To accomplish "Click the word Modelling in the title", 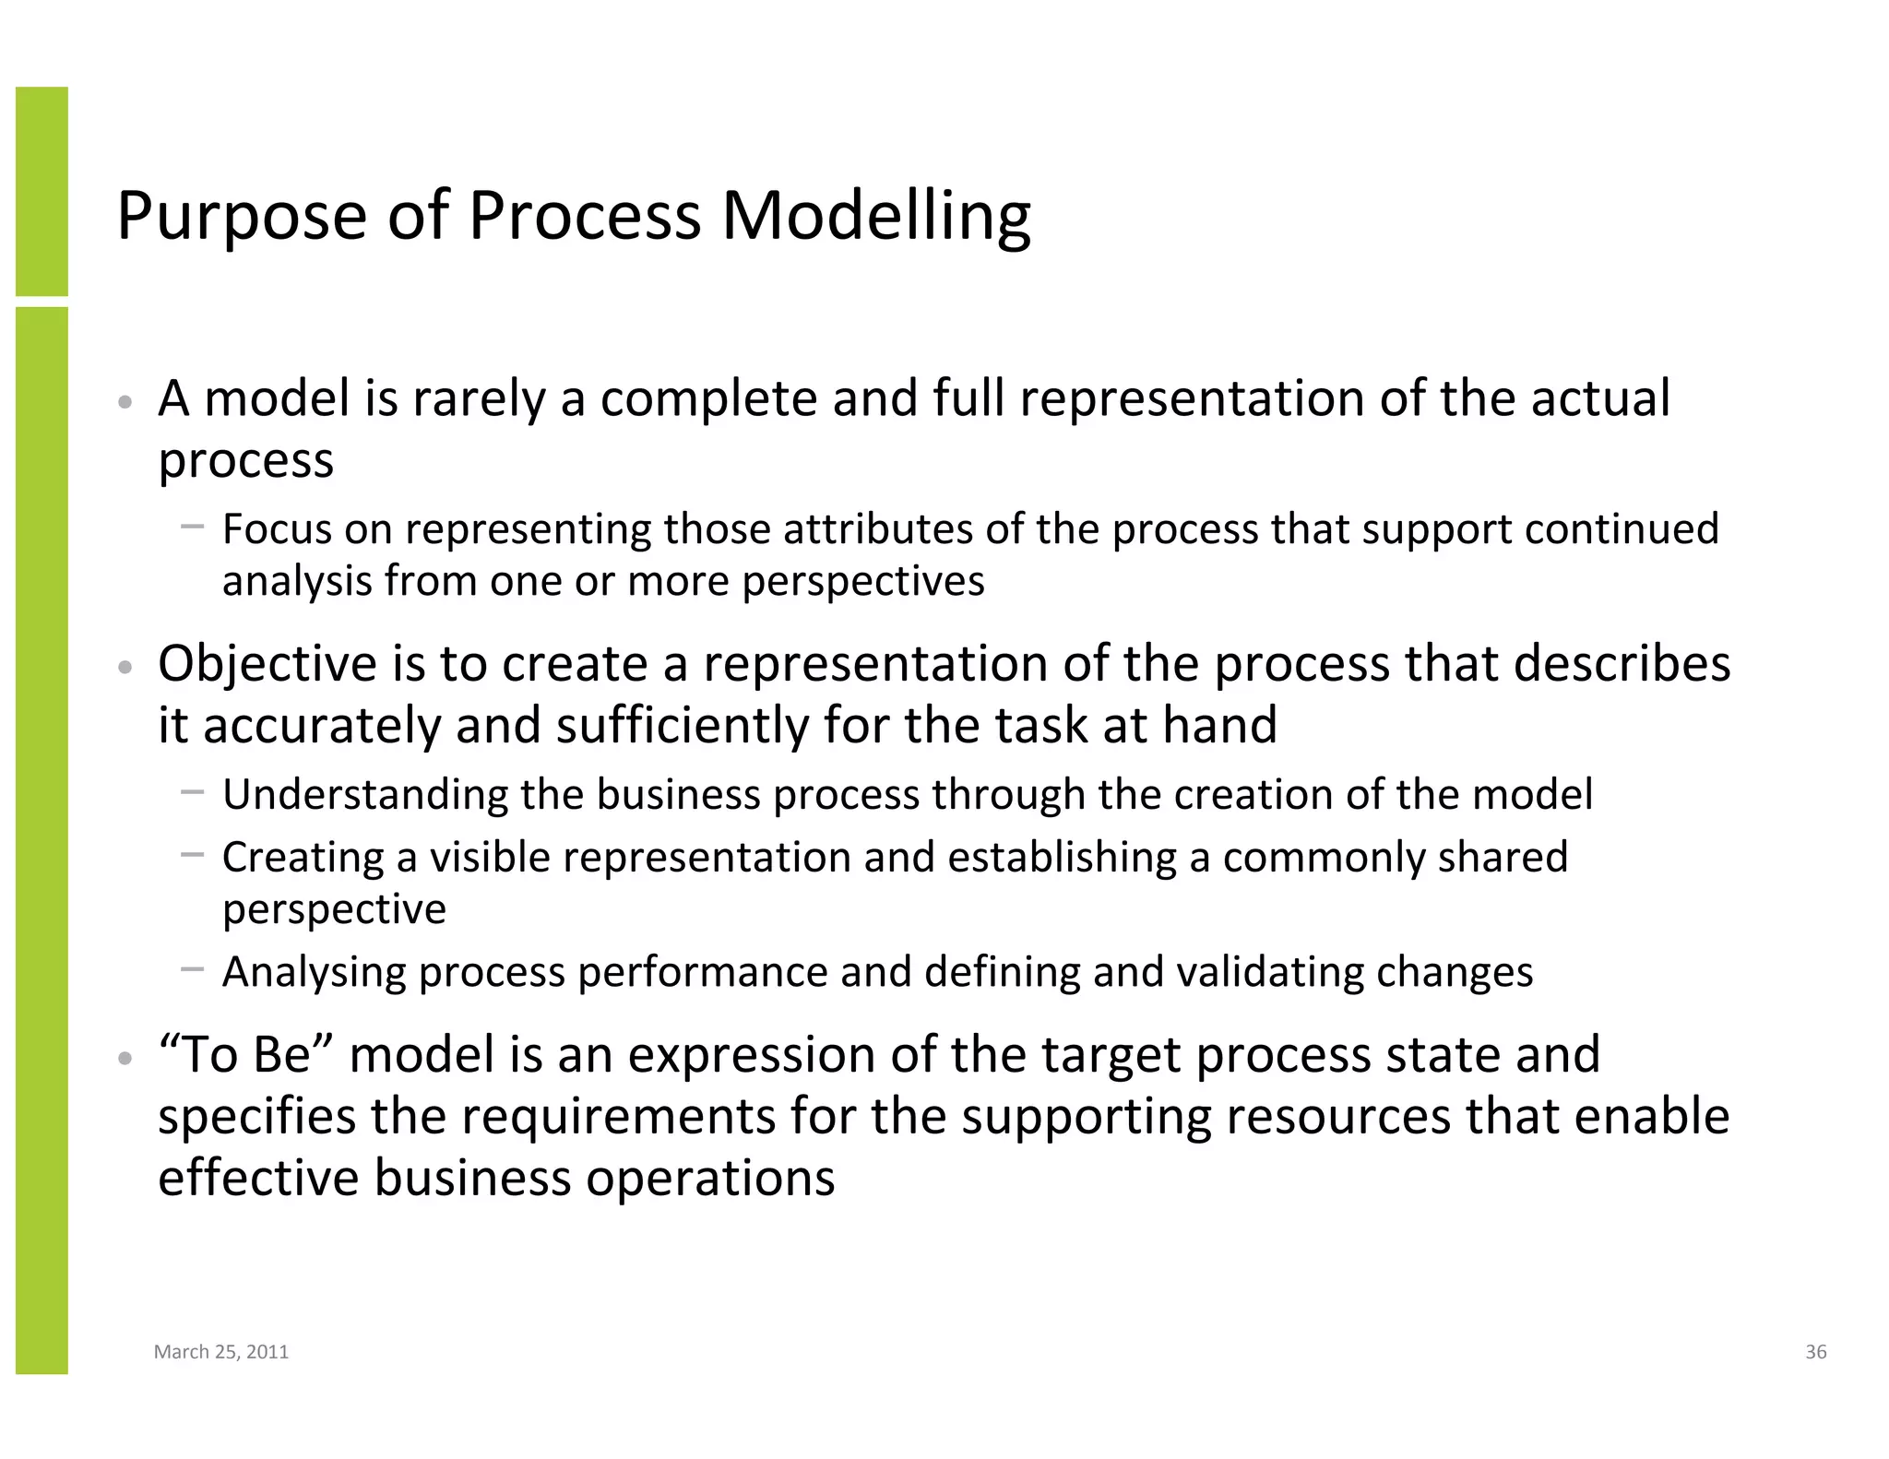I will coord(875,217).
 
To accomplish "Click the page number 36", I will coord(1815,1352).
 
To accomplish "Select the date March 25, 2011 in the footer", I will coord(221,1352).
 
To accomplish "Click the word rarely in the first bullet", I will coord(479,398).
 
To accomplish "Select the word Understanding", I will coord(364,795).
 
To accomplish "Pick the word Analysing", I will coord(314,972).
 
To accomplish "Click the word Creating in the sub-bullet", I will coord(303,858).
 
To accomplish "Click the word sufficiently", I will coord(682,726).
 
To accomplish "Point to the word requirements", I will coord(618,1117).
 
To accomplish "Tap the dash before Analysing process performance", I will coord(193,969).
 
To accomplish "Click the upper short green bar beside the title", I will coord(42,191).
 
